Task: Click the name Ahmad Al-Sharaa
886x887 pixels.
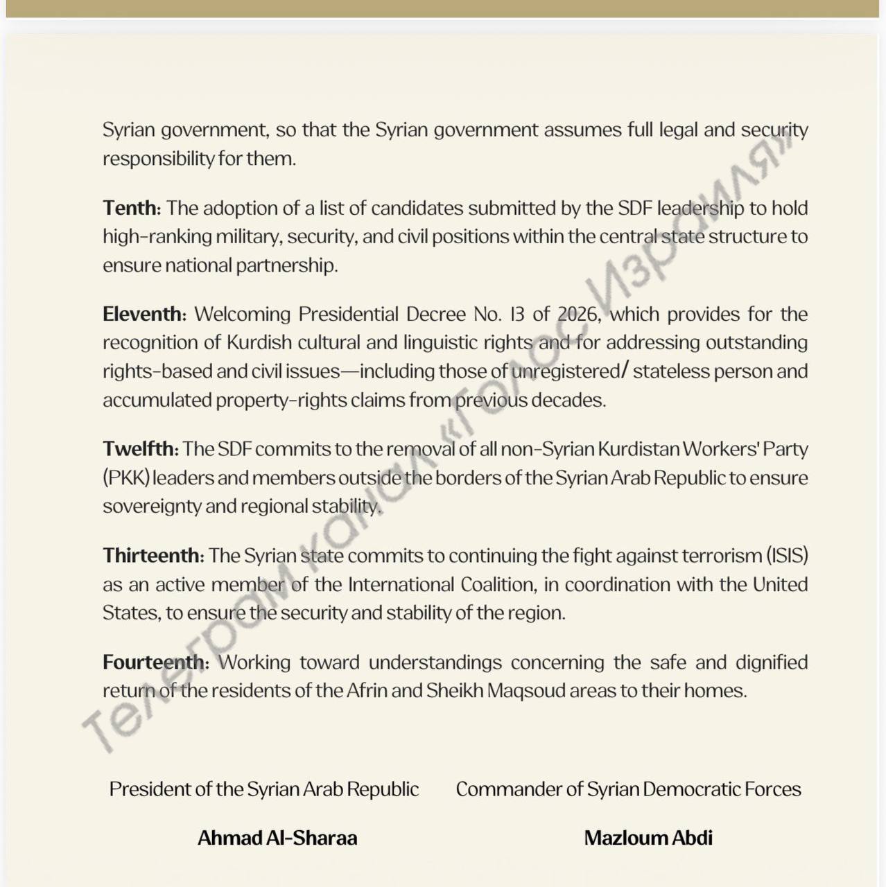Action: coord(277,838)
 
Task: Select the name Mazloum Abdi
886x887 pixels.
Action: coord(648,838)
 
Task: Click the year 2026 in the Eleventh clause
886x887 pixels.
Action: coord(577,314)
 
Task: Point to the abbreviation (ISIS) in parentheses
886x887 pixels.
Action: coord(787,555)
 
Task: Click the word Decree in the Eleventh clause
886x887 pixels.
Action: coord(435,314)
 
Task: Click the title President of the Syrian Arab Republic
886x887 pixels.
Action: coord(263,789)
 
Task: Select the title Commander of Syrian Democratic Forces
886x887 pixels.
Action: coord(628,789)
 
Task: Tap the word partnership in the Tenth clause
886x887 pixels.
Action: coord(286,265)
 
